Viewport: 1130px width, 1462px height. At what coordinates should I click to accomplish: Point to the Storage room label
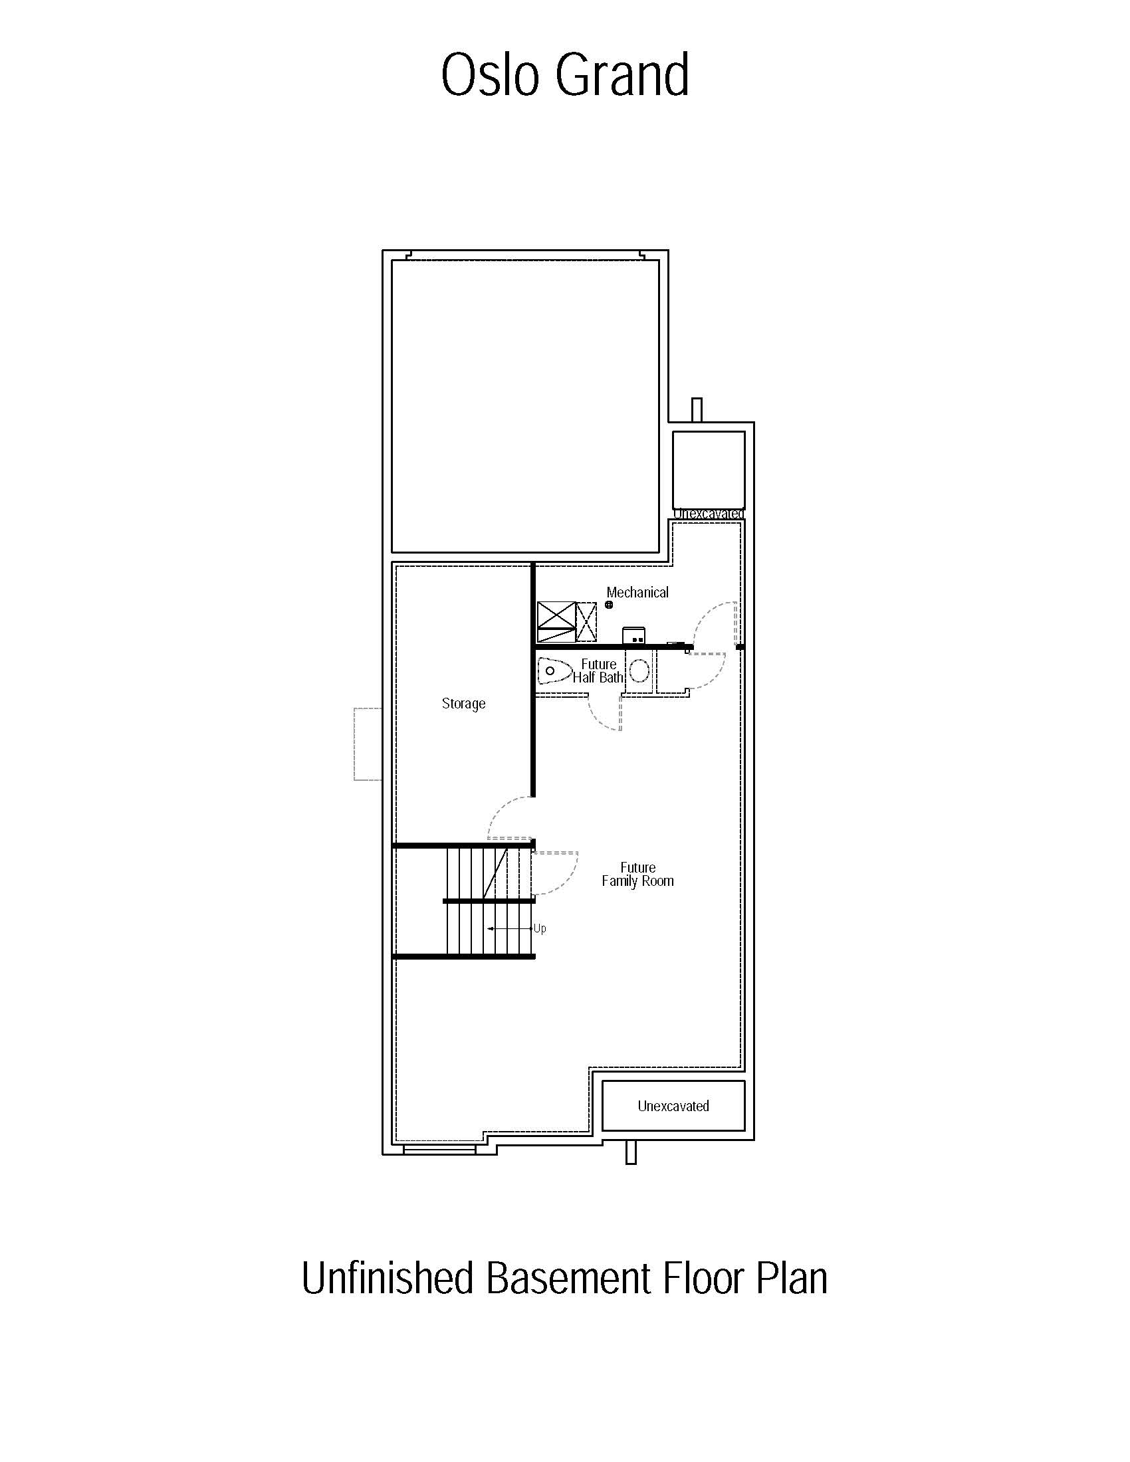click(x=463, y=704)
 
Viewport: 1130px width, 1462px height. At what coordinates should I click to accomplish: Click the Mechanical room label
click(x=637, y=591)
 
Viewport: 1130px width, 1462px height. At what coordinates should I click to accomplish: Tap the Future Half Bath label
click(x=598, y=671)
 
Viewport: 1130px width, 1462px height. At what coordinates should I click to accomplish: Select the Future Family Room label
click(x=637, y=875)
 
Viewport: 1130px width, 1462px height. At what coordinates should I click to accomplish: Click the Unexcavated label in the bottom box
click(x=673, y=1106)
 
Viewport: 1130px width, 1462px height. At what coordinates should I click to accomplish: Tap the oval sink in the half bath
click(x=639, y=670)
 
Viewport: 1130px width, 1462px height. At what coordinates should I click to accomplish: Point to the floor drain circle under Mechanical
click(x=609, y=605)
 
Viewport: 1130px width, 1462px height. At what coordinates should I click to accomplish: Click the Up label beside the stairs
click(x=540, y=928)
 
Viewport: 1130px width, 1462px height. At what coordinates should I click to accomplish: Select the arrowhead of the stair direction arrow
click(x=491, y=929)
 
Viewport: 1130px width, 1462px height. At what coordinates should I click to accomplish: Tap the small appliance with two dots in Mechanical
click(x=634, y=635)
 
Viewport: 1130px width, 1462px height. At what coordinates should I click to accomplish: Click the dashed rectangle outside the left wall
click(x=368, y=744)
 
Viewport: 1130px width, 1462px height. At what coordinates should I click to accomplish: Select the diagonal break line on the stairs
click(x=495, y=875)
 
